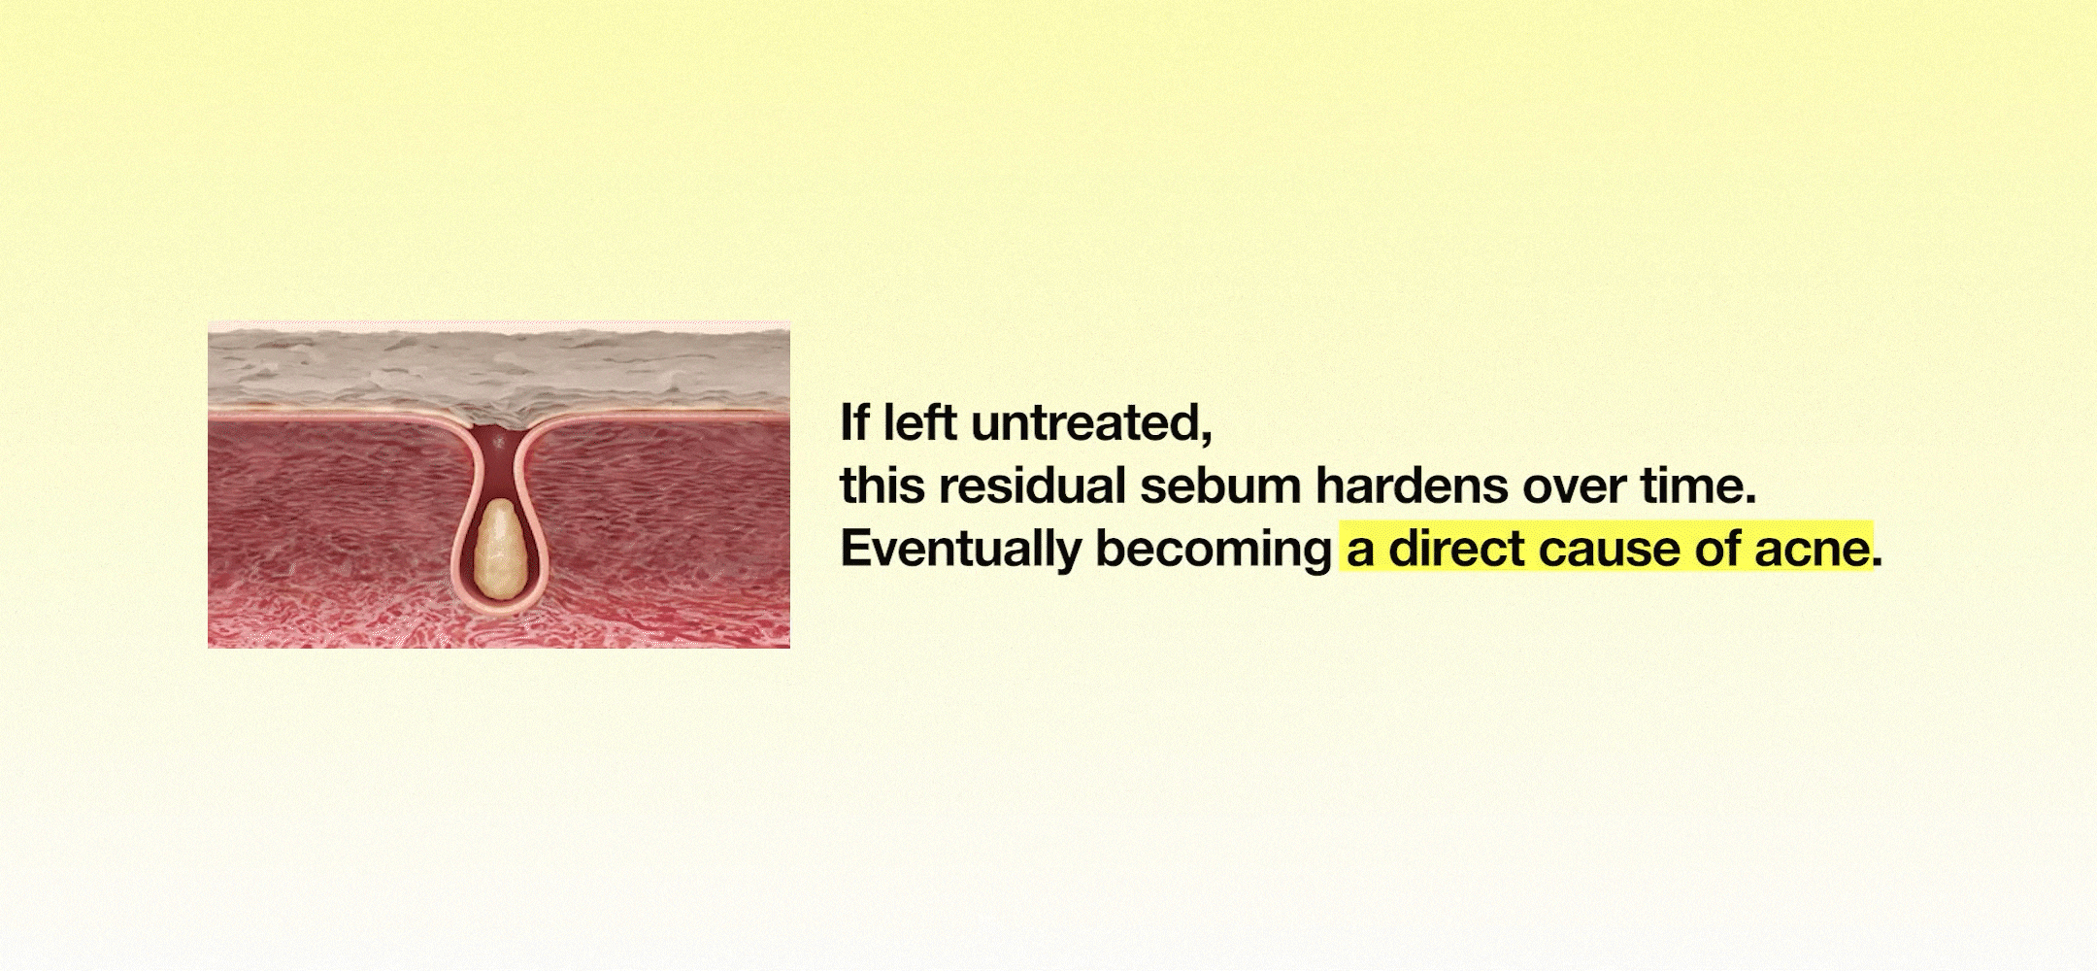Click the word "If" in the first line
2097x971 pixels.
pyautogui.click(x=854, y=422)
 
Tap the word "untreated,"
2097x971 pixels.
pyautogui.click(x=1092, y=424)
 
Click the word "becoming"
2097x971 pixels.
pyautogui.click(x=1214, y=551)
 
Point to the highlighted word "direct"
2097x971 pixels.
pyautogui.click(x=1456, y=549)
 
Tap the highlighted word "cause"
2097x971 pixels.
pyautogui.click(x=1610, y=552)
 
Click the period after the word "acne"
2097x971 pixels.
pyautogui.click(x=1878, y=564)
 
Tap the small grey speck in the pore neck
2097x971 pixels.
pyautogui.click(x=500, y=443)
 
